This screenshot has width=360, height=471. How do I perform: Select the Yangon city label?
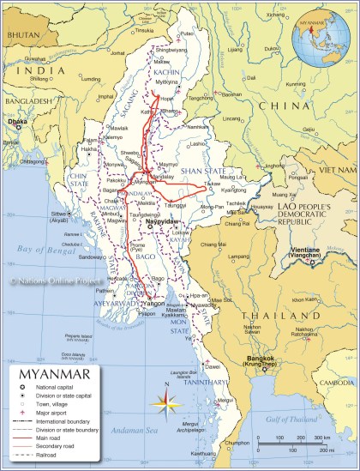pos(153,302)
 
